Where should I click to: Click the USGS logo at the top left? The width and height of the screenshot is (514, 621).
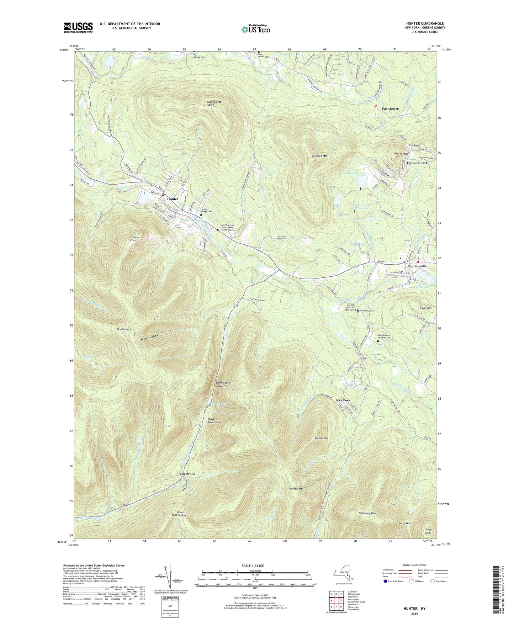pos(78,27)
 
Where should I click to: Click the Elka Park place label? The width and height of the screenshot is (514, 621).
pos(343,400)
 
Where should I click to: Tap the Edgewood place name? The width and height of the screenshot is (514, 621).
pos(187,474)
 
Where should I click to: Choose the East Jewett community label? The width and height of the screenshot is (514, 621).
pos(391,108)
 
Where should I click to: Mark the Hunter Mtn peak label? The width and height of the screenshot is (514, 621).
pos(124,329)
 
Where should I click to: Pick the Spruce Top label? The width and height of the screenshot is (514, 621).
pos(321,438)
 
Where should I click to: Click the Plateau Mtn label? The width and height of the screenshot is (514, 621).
pos(296,489)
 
